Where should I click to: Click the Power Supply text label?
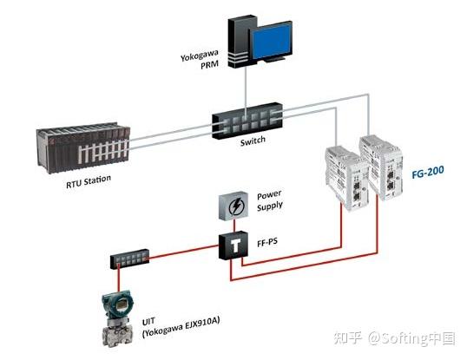pyautogui.click(x=269, y=201)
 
